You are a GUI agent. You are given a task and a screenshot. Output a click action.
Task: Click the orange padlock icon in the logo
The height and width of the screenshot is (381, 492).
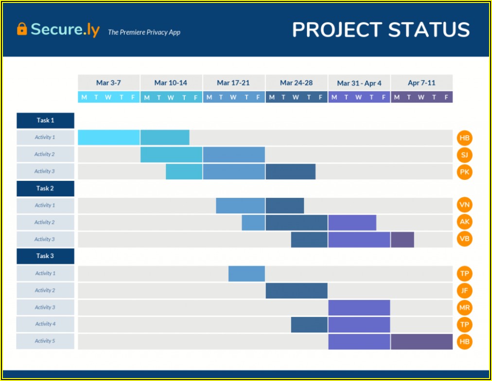click(22, 29)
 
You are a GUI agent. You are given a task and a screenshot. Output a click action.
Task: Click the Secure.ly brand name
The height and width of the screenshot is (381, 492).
click(65, 30)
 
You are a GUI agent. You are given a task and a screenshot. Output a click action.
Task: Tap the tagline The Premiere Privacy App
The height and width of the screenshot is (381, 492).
click(144, 32)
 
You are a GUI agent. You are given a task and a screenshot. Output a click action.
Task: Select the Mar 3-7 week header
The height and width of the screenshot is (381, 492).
click(108, 83)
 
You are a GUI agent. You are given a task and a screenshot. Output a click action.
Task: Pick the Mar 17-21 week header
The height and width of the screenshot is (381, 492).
click(233, 83)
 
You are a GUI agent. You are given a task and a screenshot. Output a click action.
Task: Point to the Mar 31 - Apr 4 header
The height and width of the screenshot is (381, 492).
click(359, 83)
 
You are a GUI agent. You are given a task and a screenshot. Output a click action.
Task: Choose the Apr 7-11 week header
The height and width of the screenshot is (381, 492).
click(422, 83)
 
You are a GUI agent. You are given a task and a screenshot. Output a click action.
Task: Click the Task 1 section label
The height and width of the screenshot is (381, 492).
click(45, 121)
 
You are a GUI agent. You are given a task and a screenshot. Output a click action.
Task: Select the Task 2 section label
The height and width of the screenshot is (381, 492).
click(45, 189)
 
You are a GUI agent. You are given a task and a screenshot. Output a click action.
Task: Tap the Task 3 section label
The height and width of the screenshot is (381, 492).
click(45, 256)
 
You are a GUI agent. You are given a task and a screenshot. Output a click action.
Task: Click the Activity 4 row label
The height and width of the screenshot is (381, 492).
click(45, 324)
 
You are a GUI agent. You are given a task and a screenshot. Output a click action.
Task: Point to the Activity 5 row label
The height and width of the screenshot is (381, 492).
click(45, 341)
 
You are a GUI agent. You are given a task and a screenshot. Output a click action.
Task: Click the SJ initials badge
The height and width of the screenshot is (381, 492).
click(464, 155)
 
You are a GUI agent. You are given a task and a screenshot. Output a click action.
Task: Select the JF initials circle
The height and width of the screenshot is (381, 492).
click(464, 291)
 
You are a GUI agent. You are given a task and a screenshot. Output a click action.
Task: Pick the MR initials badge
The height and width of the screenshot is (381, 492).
click(464, 308)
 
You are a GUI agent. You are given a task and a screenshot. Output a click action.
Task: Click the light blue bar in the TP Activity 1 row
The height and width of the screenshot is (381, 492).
click(246, 274)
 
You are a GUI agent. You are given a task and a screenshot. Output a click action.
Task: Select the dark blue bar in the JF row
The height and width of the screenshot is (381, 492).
click(297, 291)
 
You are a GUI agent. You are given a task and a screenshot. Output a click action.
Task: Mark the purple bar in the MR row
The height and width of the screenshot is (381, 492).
click(359, 308)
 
